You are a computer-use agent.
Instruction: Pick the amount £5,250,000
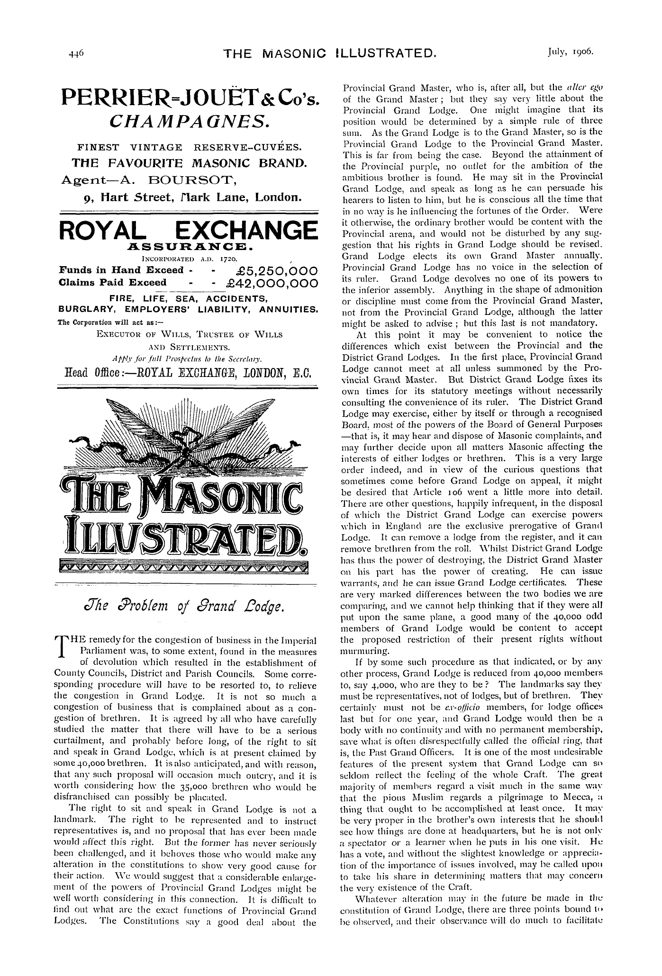tap(272, 271)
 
